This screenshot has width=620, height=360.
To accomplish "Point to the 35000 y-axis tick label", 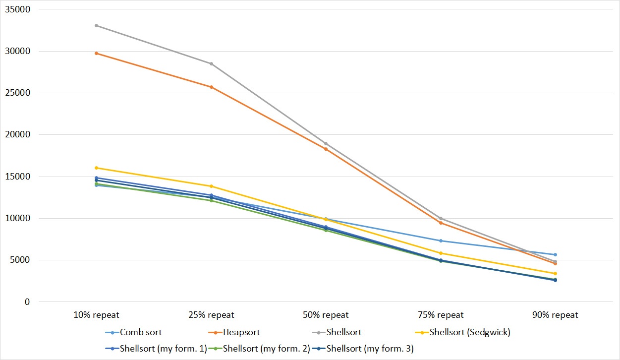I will click(x=17, y=9).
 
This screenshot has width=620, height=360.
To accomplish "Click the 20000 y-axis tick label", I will click(x=17, y=135).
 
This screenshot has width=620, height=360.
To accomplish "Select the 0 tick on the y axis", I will click(x=27, y=302).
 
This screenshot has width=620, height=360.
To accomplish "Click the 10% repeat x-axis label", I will click(x=96, y=315).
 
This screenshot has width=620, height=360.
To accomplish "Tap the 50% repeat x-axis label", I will click(x=326, y=315).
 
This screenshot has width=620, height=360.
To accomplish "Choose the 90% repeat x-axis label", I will click(x=555, y=315).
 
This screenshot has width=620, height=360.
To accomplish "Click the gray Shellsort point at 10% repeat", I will click(x=96, y=25).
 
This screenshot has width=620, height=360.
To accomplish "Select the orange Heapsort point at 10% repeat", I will click(x=96, y=53).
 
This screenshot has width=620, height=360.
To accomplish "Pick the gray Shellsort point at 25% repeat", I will click(x=211, y=63).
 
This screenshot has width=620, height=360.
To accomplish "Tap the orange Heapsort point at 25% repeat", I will click(x=211, y=87).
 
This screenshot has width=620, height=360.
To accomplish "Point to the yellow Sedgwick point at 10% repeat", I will click(x=96, y=168).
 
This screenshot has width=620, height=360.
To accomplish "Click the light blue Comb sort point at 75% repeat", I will click(x=441, y=241).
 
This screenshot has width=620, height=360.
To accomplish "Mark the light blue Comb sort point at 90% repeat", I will click(x=555, y=254).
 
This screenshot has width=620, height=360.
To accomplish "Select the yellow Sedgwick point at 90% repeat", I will click(x=555, y=273).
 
